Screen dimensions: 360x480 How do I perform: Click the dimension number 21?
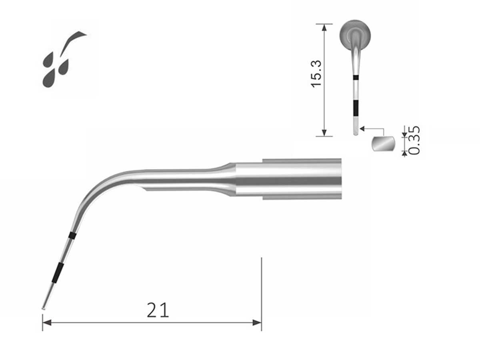[x=158, y=310]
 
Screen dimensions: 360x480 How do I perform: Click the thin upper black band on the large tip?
[x=72, y=235]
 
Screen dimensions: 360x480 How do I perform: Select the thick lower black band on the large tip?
[x=58, y=273]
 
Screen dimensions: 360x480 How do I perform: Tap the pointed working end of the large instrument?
[x=44, y=308]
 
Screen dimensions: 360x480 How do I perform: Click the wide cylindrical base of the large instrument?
[x=302, y=179]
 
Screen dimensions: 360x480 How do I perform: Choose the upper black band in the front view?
[x=356, y=78]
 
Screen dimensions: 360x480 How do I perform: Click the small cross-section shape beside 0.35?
[x=383, y=144]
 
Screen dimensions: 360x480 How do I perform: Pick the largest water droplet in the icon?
[x=49, y=78]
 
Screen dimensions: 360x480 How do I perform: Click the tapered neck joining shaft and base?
[x=226, y=179]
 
